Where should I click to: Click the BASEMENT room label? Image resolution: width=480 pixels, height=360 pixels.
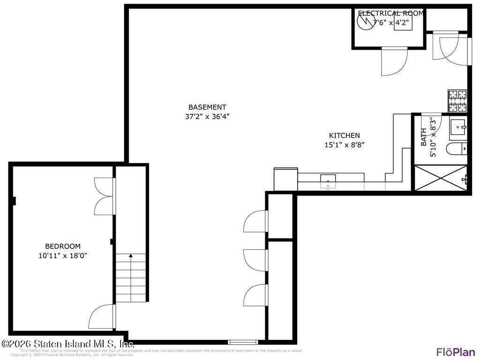tap(207, 107)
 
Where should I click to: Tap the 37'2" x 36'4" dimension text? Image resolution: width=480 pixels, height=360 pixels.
tap(207, 117)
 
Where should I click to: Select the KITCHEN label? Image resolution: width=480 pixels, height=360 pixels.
tap(344, 135)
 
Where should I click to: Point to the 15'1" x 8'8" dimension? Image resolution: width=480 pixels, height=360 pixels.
tap(344, 145)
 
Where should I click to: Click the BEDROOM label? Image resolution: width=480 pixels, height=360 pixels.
tap(62, 246)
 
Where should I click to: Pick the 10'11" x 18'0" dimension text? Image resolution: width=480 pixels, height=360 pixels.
tap(62, 255)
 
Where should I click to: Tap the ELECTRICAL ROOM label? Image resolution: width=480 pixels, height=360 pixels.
tap(390, 14)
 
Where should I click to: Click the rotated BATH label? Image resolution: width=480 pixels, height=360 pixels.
tap(424, 137)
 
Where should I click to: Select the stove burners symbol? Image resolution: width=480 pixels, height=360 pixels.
tap(457, 101)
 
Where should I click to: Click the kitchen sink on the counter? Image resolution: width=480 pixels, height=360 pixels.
tap(328, 179)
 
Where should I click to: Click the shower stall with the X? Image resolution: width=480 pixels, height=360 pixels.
tap(440, 178)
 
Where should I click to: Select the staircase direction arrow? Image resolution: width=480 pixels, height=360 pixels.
tap(131, 256)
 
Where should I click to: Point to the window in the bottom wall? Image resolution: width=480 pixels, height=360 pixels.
tap(243, 342)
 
